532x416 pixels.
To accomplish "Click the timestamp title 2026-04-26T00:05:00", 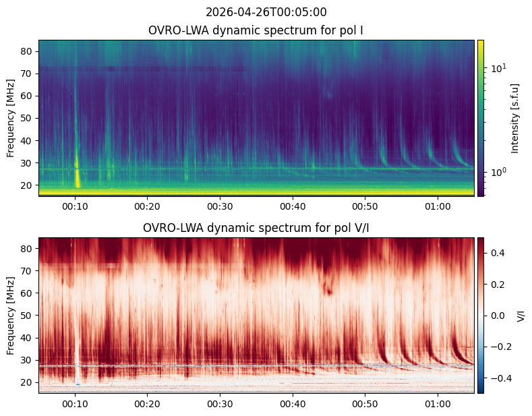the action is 266,12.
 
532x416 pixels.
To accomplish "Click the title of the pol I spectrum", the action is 256,30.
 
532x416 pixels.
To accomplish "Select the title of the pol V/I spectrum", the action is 256,228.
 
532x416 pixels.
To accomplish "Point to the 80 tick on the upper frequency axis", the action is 27,51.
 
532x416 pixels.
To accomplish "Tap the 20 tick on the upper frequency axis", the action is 27,185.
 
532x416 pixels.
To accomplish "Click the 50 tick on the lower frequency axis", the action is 27,316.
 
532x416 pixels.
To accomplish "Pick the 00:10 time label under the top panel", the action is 75,206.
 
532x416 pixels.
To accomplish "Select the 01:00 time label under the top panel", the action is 438,206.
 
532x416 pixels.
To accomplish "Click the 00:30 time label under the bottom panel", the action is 220,404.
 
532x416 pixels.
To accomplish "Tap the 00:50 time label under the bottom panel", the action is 365,404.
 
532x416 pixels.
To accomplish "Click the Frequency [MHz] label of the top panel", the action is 11,119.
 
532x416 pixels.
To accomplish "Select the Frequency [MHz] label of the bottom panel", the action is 11,316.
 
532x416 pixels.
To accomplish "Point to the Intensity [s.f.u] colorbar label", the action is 514,119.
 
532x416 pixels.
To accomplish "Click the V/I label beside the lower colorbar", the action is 521,316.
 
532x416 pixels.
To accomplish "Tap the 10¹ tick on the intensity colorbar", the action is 498,68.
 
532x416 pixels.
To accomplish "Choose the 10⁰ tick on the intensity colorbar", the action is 498,172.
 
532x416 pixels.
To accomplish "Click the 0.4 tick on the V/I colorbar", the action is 498,253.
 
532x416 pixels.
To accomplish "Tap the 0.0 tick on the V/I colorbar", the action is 498,316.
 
